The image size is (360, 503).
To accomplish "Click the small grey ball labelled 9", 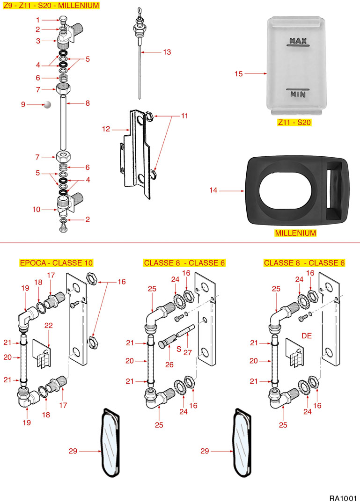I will pos(47,105).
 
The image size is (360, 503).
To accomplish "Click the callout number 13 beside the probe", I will pos(167,52).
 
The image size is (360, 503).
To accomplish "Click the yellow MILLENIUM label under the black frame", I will pos(295,233).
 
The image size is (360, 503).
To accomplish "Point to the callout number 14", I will pos(213,190).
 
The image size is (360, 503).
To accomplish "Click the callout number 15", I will pos(239,73).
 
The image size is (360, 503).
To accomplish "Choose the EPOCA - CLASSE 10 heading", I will pos(56,263).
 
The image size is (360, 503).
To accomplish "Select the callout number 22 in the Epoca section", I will pos(49,325).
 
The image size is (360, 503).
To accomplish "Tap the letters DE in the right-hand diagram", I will pos(307,335).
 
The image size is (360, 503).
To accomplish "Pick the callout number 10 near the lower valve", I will pos(37,210).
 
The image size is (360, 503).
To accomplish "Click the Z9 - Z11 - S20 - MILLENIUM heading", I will pos(51,6).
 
